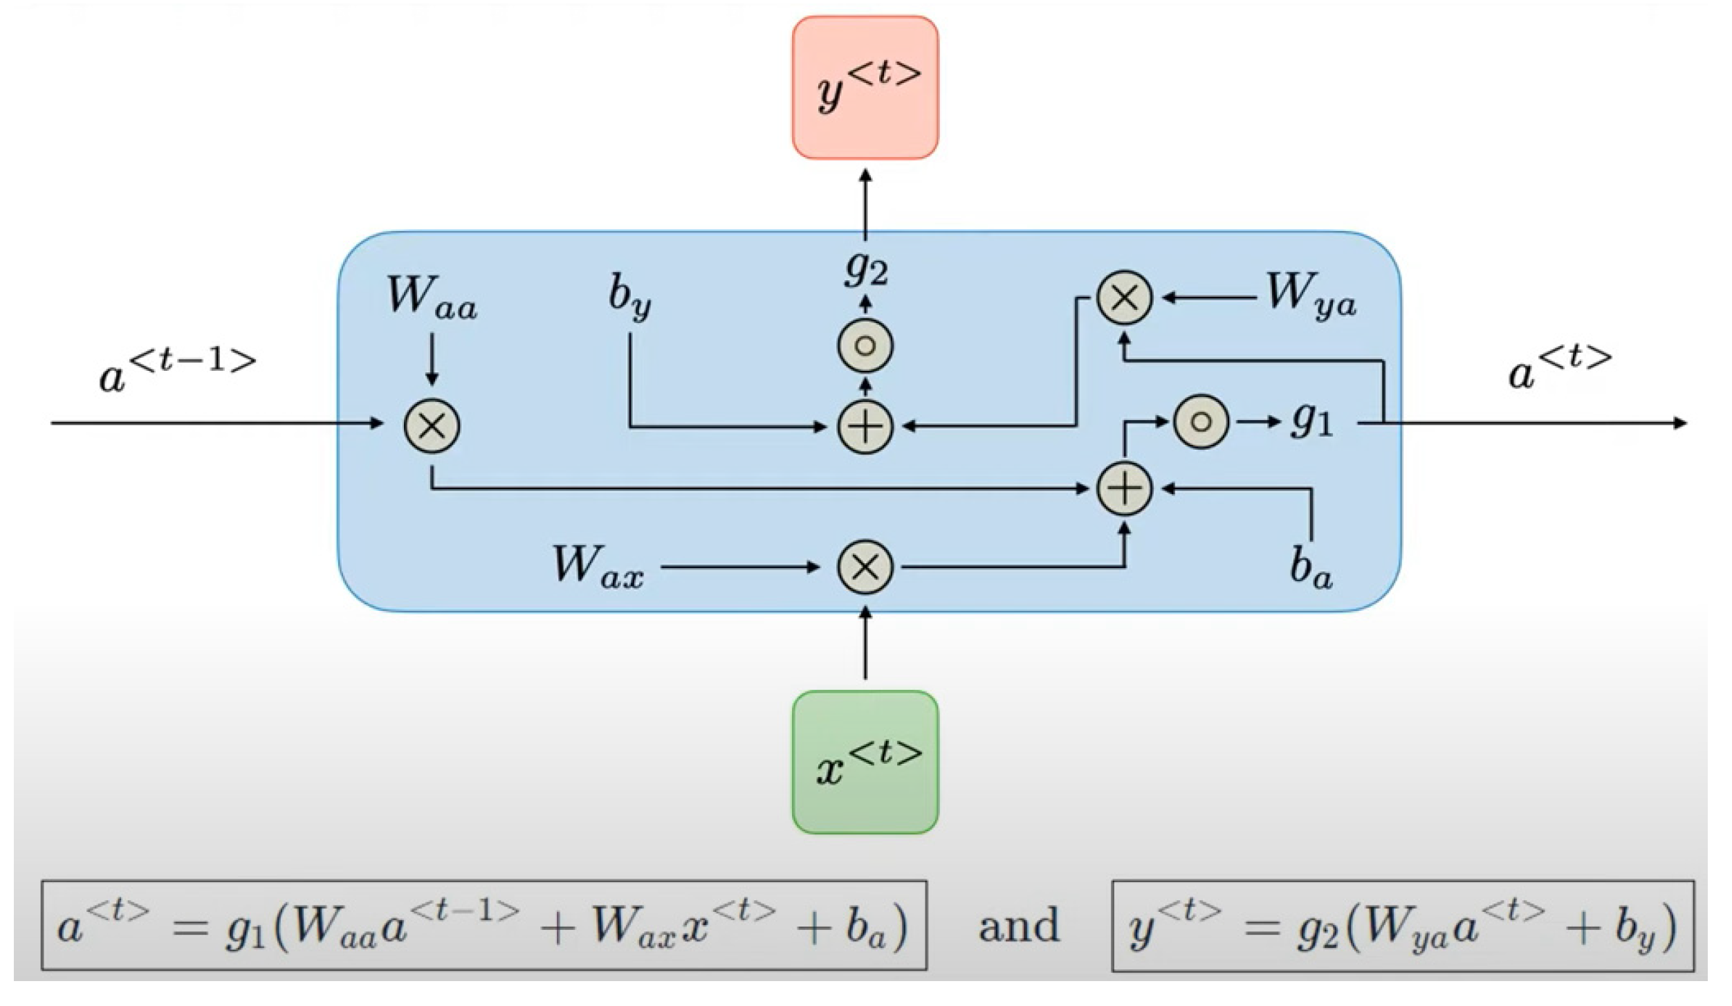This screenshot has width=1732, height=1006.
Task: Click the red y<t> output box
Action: coord(865,88)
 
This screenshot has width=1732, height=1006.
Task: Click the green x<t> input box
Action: coord(865,762)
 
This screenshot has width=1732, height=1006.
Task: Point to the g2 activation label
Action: coord(865,268)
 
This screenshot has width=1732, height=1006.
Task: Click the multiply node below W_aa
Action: coord(432,426)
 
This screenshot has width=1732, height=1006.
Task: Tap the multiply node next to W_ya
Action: coord(1125,298)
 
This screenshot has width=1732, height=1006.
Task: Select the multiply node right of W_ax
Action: coord(865,568)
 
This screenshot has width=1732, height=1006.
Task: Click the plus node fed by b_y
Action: coord(865,426)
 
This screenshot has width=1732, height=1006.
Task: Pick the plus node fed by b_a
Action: coord(1125,488)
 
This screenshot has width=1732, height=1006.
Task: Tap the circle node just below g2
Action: coord(865,345)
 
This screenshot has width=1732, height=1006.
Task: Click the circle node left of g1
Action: coord(1201,421)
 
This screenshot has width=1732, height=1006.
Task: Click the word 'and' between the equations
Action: coord(1018,926)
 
